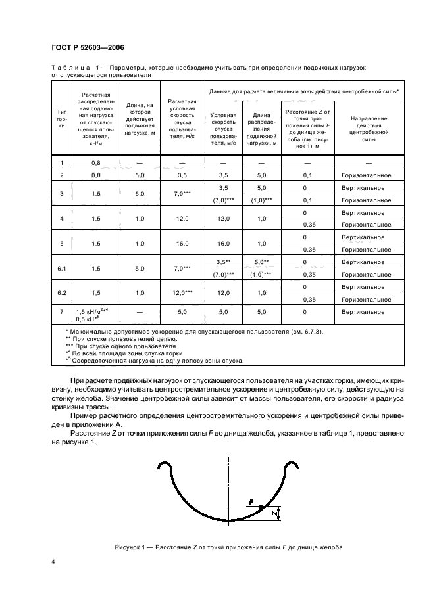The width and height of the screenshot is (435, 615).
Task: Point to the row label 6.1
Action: (62, 268)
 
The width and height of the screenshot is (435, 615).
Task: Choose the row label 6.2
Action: (62, 293)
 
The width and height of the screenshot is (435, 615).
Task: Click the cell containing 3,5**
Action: (223, 262)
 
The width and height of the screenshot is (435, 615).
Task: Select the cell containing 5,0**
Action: (262, 262)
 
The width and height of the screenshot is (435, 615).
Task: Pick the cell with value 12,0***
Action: (182, 293)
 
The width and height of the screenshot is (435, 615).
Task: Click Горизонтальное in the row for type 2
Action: (367, 175)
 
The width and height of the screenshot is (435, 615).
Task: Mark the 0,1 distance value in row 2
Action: (307, 175)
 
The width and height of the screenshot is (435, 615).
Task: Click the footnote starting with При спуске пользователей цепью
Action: (113, 339)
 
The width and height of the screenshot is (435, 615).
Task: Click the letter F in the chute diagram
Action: (251, 501)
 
